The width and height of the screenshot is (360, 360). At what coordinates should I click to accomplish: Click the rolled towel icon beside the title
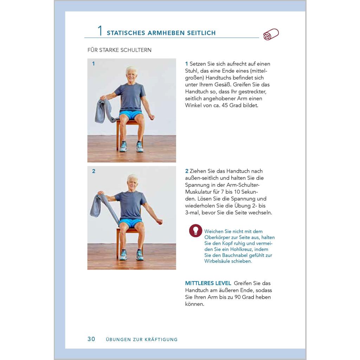pyautogui.click(x=271, y=34)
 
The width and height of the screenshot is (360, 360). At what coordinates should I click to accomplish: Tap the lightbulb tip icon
pyautogui.click(x=195, y=231)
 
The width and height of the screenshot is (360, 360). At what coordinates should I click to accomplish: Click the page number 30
pyautogui.click(x=91, y=339)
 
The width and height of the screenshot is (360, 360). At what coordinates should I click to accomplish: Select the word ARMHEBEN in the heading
pyautogui.click(x=166, y=33)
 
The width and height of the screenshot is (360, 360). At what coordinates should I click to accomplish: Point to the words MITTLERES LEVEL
pyautogui.click(x=208, y=283)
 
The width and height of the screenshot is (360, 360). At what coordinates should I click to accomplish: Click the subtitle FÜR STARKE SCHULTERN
pyautogui.click(x=120, y=50)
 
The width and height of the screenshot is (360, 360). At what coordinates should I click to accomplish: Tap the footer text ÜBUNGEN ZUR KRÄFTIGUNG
pyautogui.click(x=142, y=339)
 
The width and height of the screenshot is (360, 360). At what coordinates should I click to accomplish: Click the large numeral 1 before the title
pyautogui.click(x=100, y=31)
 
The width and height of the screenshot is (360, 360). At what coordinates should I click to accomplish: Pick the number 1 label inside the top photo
pyautogui.click(x=94, y=64)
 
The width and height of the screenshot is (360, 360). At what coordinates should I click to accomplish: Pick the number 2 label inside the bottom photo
pyautogui.click(x=94, y=171)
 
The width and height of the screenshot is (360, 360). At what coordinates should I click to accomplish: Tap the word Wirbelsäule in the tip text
pyautogui.click(x=218, y=261)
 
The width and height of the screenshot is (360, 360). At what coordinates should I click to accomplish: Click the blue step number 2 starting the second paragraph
pyautogui.click(x=187, y=171)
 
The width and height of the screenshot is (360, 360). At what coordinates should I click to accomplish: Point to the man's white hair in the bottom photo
pyautogui.click(x=133, y=178)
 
